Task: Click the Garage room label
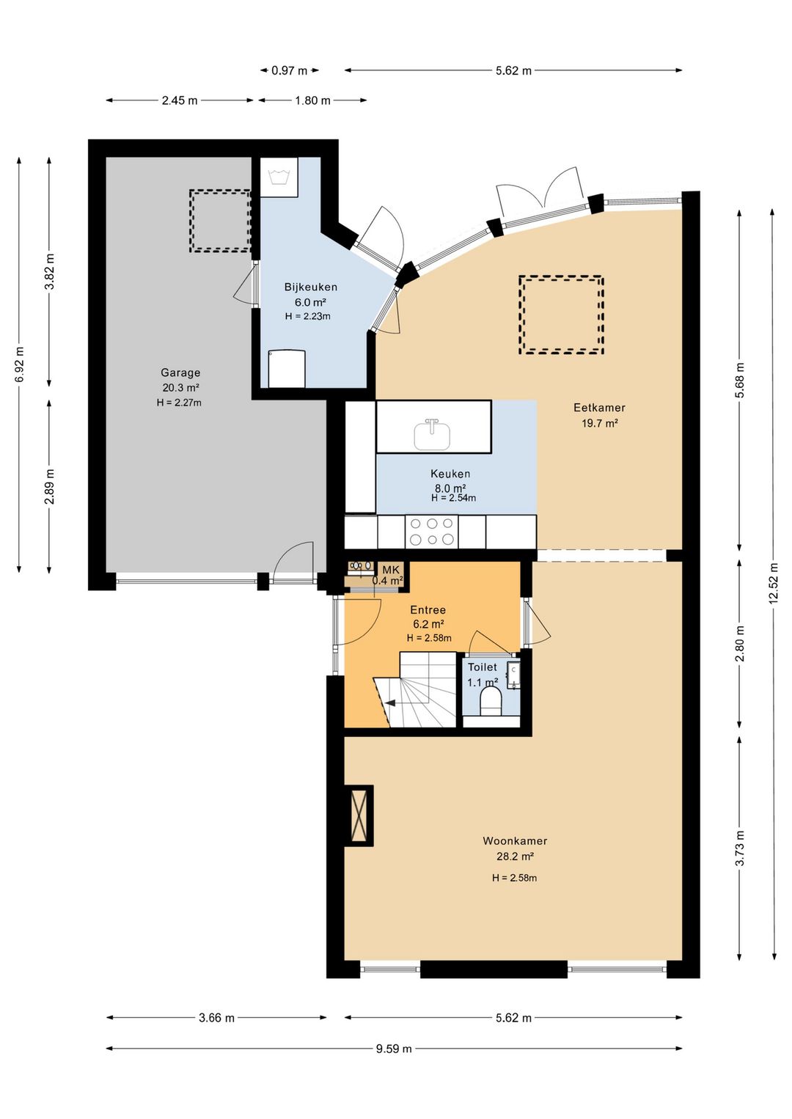click(x=180, y=373)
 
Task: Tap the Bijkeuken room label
click(x=311, y=287)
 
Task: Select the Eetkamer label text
click(x=599, y=408)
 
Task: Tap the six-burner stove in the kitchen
click(x=432, y=531)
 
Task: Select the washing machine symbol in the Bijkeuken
click(x=279, y=177)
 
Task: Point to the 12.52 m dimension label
click(x=774, y=584)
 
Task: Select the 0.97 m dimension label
click(x=290, y=71)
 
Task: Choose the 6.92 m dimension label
click(x=20, y=364)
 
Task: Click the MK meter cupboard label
click(x=392, y=570)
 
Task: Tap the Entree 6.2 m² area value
click(x=428, y=624)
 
